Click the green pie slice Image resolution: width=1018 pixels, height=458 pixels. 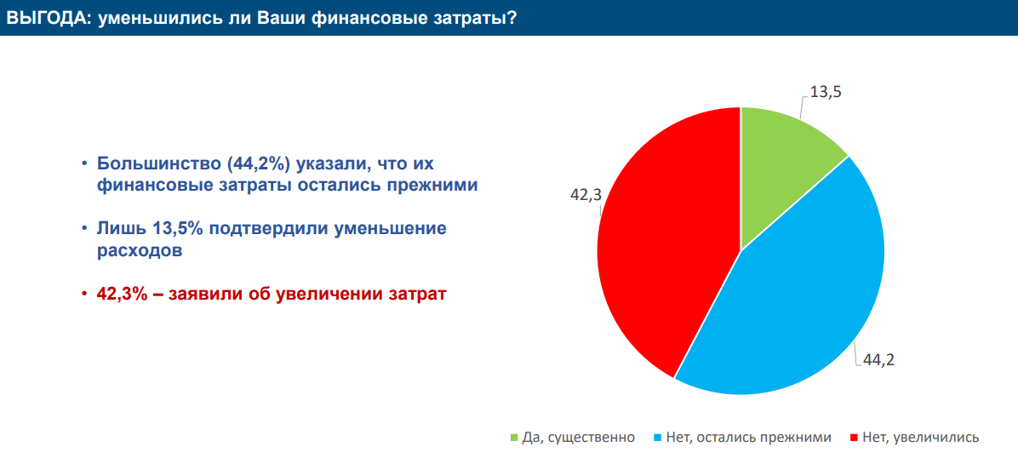[x=782, y=169]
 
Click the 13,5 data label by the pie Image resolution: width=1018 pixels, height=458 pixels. [x=826, y=92]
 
